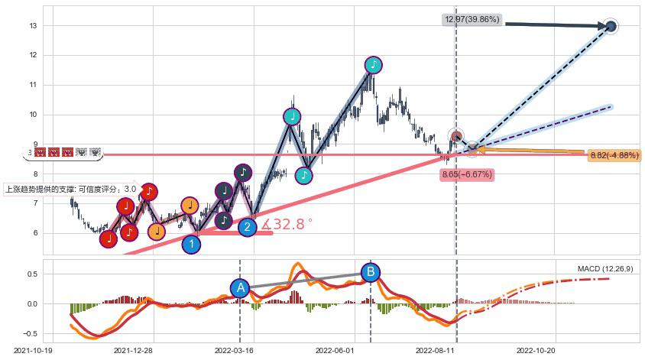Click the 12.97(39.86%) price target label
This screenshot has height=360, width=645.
coord(471,19)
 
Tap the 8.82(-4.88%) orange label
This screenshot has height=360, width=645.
coord(614,156)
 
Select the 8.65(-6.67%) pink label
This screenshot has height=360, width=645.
coord(467,174)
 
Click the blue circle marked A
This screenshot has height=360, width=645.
coord(240,287)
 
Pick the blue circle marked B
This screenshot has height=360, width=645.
coord(371,271)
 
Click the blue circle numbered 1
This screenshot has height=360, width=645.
coord(192,245)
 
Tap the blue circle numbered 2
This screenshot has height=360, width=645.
coord(247,227)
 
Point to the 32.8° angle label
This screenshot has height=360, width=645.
coord(287,225)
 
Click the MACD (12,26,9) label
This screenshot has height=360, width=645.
coord(604,269)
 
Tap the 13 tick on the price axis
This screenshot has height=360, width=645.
coord(33,25)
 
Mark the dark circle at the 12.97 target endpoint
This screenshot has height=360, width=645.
coord(611,27)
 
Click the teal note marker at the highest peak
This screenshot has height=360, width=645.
coord(373,65)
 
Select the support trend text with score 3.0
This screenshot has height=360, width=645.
coord(70,189)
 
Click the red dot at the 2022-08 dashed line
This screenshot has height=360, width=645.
coord(456,137)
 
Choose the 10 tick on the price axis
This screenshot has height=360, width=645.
coord(33,115)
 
